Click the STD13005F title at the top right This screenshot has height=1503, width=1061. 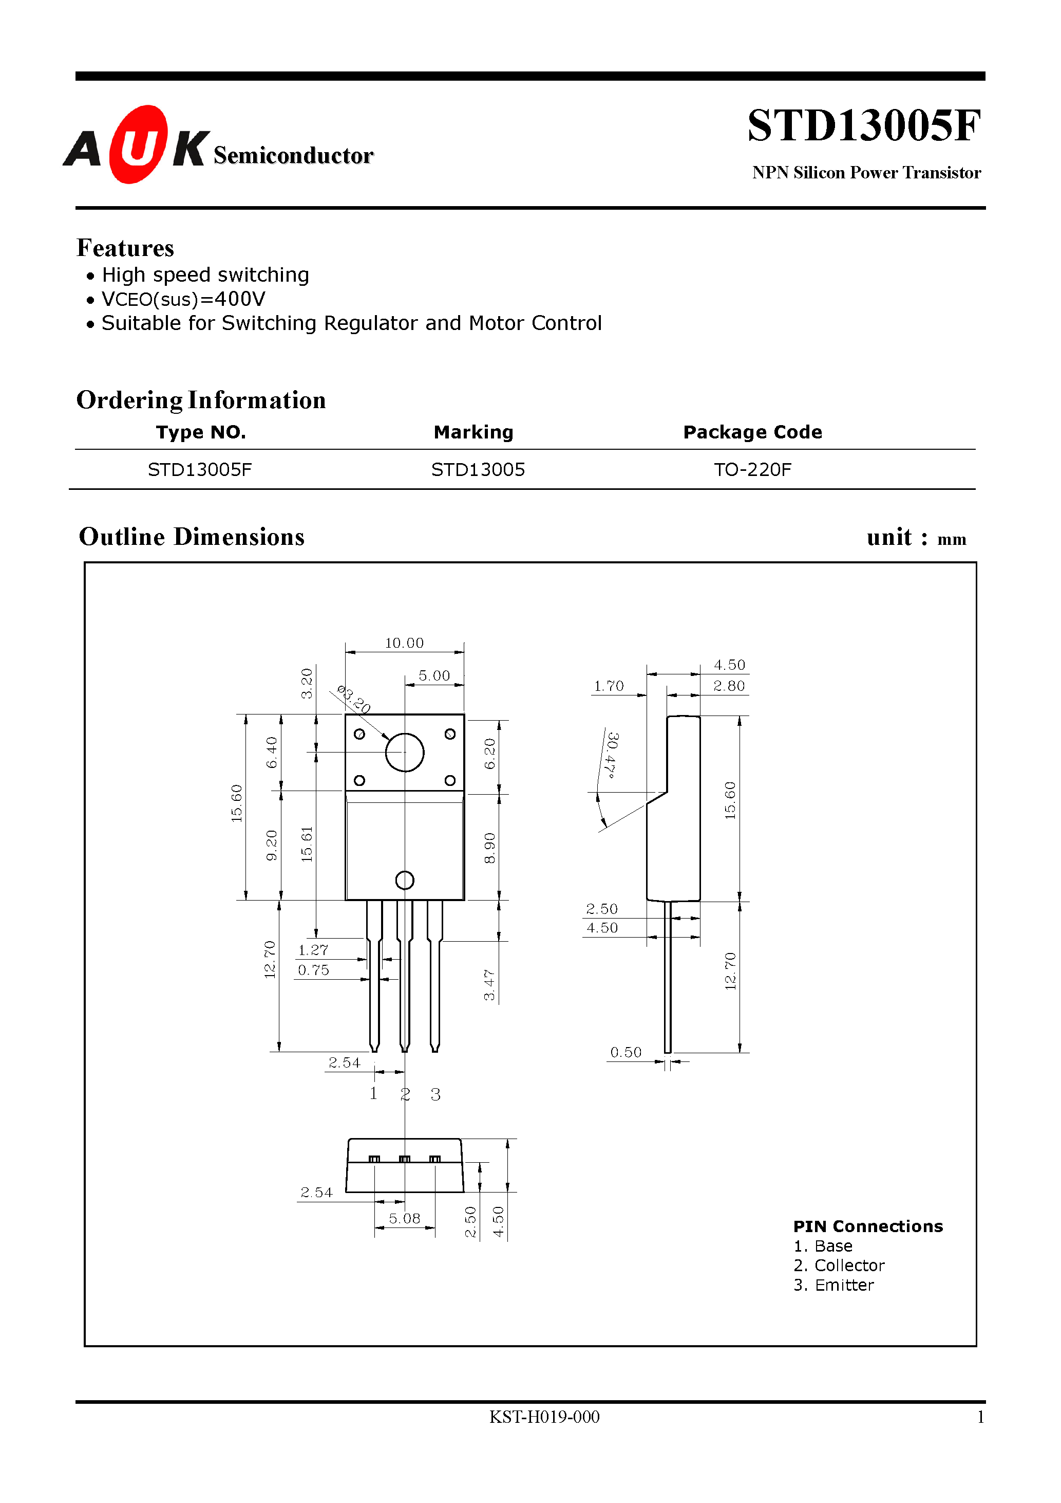(863, 126)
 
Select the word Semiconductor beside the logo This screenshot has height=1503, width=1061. (293, 156)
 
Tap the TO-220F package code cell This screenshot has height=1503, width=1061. (752, 469)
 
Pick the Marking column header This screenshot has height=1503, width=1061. (473, 432)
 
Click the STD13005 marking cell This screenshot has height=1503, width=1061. (478, 469)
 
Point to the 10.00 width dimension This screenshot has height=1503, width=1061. (404, 643)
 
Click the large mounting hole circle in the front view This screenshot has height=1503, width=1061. (404, 752)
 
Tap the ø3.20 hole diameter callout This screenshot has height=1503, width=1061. (354, 699)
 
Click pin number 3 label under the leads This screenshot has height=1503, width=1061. (435, 1094)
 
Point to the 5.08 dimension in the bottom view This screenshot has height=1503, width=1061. (404, 1218)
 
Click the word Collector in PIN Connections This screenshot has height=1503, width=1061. (849, 1266)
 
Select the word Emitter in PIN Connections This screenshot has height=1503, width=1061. (844, 1285)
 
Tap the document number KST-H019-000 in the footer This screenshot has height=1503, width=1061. (544, 1417)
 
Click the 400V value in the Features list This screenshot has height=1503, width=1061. (239, 299)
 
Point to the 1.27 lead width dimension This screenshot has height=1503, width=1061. (313, 950)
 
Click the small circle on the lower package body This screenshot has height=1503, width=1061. (405, 881)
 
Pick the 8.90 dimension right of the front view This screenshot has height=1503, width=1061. (489, 848)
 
